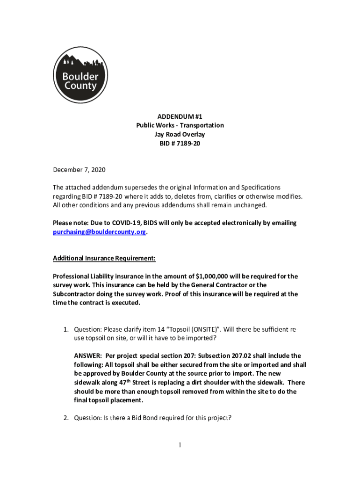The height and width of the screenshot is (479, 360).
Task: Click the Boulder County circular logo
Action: pos(80,75)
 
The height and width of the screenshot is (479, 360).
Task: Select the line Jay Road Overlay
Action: pos(180,135)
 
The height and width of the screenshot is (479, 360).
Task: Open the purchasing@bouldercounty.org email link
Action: pos(100,232)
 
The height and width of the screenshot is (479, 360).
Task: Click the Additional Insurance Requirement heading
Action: pos(104,258)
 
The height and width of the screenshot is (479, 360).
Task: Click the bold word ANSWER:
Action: pos(88,356)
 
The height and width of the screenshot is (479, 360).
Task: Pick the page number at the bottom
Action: pos(180,445)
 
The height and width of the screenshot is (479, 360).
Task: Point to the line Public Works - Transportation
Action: pos(180,125)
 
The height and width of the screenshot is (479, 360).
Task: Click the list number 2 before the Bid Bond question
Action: pos(66,418)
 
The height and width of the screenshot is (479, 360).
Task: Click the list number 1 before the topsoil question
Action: pos(66,329)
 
